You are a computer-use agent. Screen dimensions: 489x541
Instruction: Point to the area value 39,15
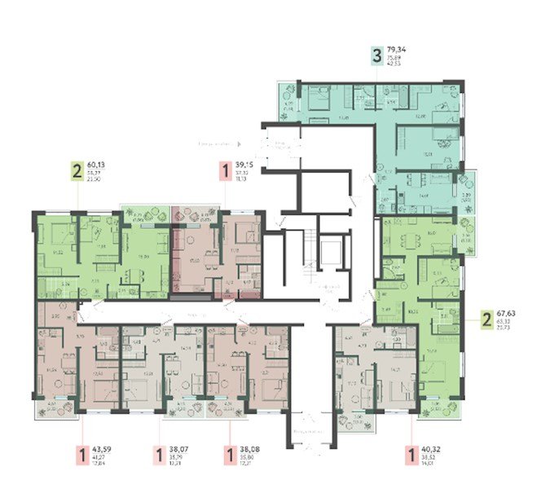pos(245,165)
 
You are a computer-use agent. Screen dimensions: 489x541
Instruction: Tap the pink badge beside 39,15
pos(225,171)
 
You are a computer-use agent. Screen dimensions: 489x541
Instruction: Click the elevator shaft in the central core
pos(331,253)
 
